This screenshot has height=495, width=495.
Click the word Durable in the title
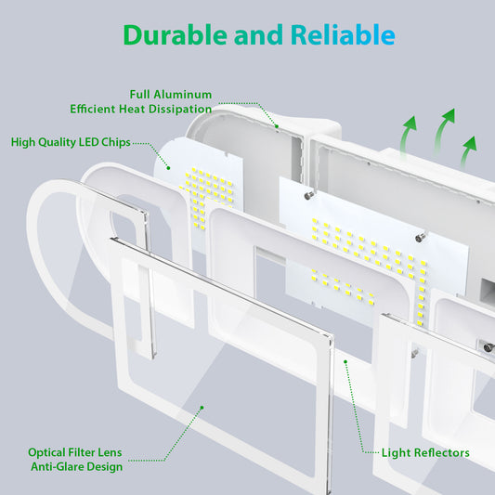[x=175, y=34]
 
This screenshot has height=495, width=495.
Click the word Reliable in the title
[x=343, y=34]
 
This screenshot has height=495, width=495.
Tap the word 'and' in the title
[x=258, y=35]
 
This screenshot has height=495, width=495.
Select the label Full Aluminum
[x=171, y=95]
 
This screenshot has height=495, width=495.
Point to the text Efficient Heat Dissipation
[x=141, y=109]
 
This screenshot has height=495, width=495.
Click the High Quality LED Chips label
[x=71, y=142]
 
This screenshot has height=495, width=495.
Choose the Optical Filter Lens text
[x=75, y=452]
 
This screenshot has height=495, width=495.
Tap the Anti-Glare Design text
[x=77, y=467]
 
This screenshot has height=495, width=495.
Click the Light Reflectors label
[x=425, y=452]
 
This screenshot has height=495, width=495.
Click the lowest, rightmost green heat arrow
[x=468, y=152]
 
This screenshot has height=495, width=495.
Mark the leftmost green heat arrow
[x=408, y=137]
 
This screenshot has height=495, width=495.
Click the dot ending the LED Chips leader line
[x=168, y=168]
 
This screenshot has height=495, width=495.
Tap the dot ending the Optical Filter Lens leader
[x=202, y=408]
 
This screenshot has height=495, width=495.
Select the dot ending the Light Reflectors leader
[x=345, y=362]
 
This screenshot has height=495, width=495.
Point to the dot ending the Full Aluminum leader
[x=277, y=126]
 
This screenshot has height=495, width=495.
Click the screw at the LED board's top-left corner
[x=308, y=196]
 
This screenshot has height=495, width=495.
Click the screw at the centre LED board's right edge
[x=420, y=238]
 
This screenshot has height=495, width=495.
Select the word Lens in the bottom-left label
[x=110, y=452]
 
